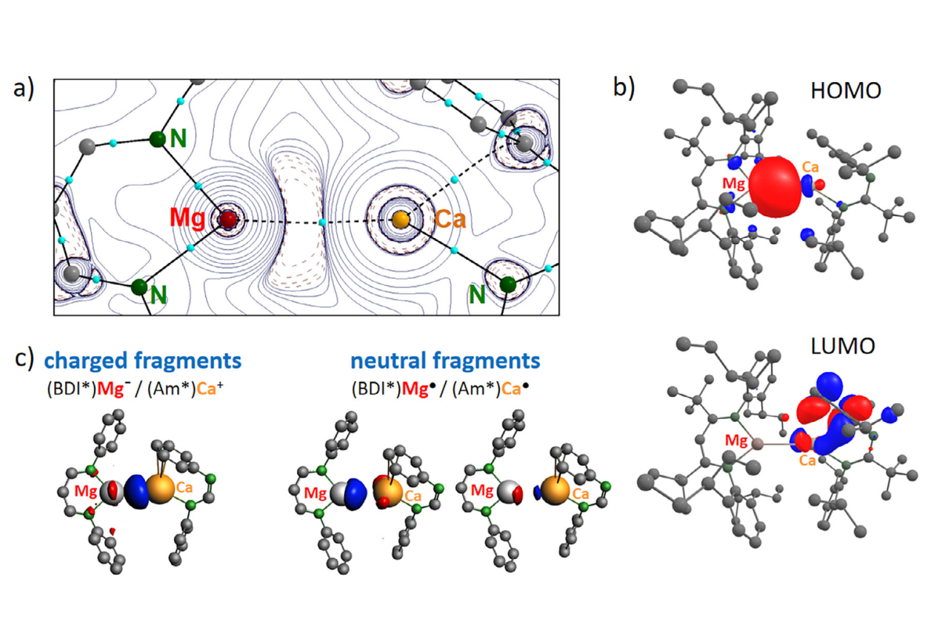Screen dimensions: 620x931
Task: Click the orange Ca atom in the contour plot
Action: click(400, 220)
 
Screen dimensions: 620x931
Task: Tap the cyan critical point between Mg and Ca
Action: click(323, 223)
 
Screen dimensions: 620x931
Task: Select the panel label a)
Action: click(24, 88)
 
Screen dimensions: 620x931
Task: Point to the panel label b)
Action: click(624, 88)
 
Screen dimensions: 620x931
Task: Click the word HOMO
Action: click(847, 91)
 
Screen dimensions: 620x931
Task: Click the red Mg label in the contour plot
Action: click(189, 219)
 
